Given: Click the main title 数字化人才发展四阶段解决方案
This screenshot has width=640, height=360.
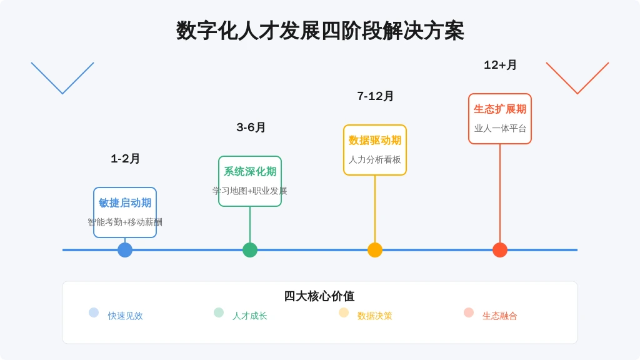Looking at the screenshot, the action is (320, 31).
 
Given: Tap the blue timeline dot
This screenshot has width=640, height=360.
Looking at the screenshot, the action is (125, 250).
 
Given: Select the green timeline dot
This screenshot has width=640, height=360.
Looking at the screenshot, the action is (250, 250).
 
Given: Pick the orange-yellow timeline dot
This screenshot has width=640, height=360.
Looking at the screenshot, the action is (375, 250).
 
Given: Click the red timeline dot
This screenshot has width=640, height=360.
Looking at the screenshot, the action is (500, 250).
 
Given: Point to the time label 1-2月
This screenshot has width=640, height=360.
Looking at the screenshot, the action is (125, 159).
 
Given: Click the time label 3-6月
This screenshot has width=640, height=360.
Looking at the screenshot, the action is (251, 127).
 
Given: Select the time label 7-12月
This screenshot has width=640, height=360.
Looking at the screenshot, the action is (375, 96).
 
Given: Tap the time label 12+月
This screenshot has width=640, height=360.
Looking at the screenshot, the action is (500, 65).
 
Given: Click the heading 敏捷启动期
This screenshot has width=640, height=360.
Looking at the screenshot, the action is (125, 203).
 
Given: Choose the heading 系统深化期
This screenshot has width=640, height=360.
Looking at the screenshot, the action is (250, 171).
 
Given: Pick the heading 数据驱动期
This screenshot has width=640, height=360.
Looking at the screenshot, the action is (375, 141).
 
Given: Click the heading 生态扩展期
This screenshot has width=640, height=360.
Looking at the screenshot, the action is (500, 109).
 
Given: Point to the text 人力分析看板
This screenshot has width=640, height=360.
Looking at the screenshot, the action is (375, 159).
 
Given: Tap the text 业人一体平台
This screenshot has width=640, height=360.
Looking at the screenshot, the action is (500, 128).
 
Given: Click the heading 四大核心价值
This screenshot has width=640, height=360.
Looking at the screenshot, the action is (319, 296).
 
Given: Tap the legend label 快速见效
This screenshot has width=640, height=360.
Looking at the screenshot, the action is (125, 316).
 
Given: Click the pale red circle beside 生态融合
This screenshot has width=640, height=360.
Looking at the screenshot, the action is (469, 312).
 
